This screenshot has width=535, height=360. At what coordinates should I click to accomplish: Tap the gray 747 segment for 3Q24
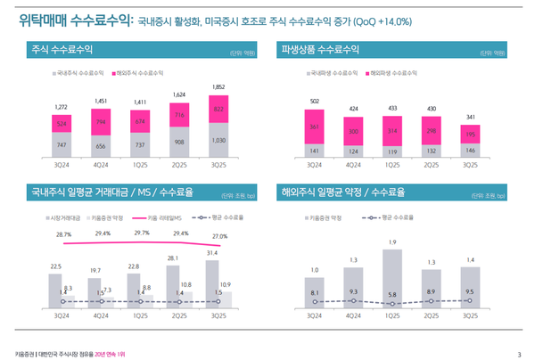pos(61,144)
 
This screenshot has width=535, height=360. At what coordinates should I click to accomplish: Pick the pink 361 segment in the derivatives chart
pos(314,127)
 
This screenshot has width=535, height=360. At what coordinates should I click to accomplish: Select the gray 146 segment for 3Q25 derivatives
pos(470,150)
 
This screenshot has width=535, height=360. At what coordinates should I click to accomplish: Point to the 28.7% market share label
pos(63,234)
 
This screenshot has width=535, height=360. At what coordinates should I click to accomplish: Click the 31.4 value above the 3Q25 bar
pos(211,253)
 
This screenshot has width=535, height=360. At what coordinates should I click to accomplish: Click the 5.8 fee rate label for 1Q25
pos(391,295)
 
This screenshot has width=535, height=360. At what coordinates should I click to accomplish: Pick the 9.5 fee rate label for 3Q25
pos(469,292)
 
